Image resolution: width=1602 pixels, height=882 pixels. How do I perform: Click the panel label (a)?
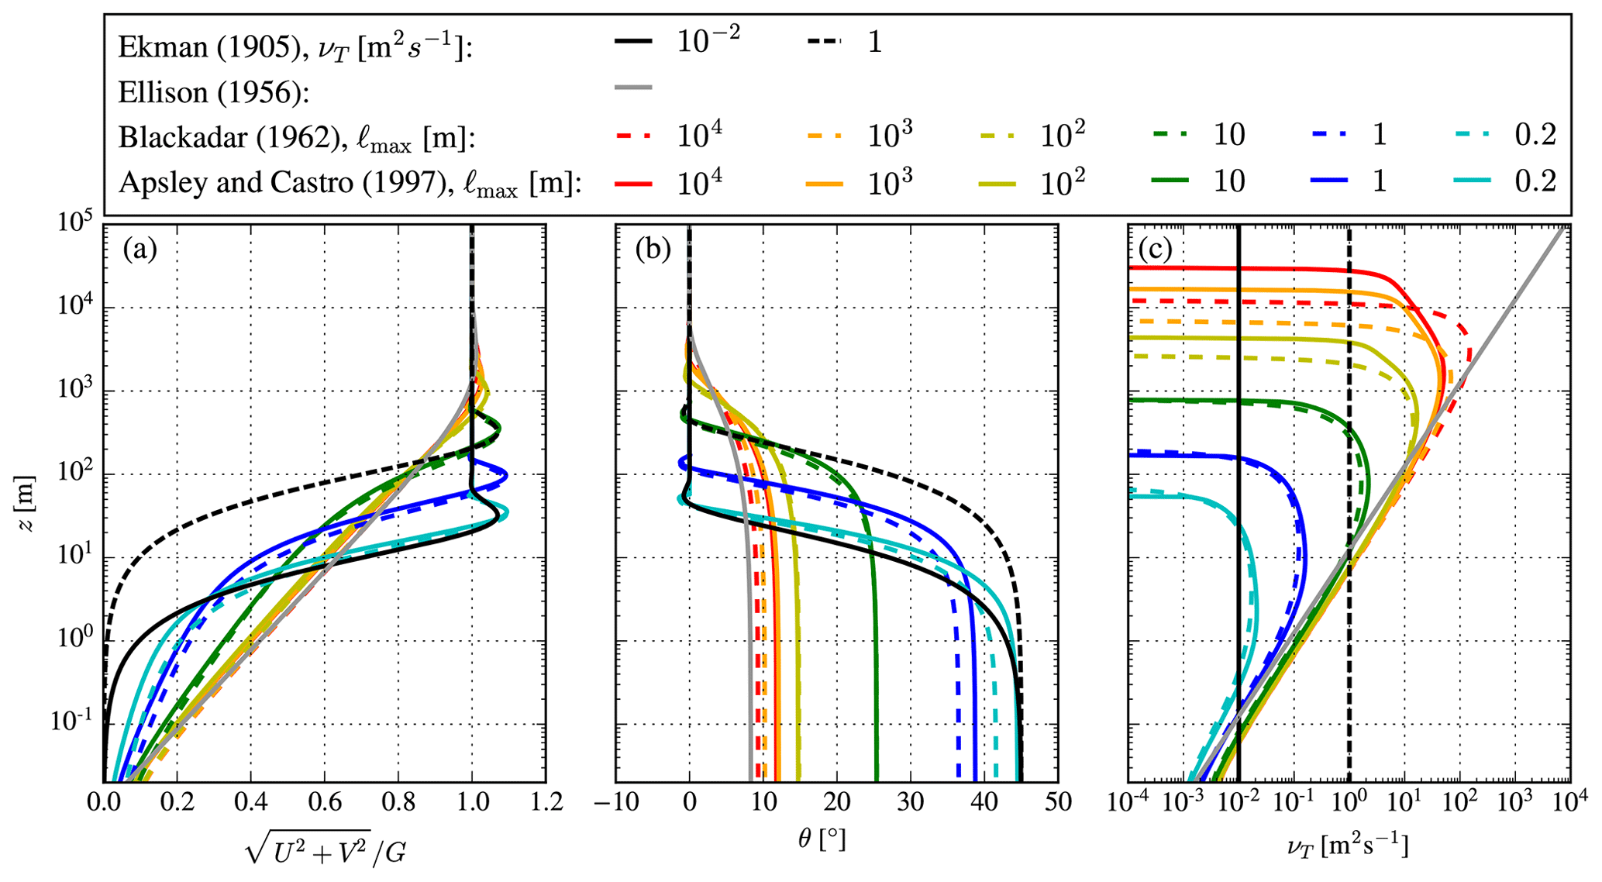pyautogui.click(x=140, y=250)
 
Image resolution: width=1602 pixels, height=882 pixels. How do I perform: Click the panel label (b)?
pyautogui.click(x=653, y=250)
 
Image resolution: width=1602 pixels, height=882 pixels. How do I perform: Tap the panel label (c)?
pyautogui.click(x=1155, y=250)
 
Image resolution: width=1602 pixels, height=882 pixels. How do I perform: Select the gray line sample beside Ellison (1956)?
pyautogui.click(x=633, y=88)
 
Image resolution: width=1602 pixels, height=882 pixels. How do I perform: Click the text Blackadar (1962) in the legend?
pyautogui.click(x=213, y=138)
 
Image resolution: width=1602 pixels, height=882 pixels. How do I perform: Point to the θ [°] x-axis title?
pyautogui.click(x=822, y=839)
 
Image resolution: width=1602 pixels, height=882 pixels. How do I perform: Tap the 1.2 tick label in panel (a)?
pyautogui.click(x=544, y=802)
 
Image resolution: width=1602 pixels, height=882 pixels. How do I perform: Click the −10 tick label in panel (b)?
pyautogui.click(x=616, y=802)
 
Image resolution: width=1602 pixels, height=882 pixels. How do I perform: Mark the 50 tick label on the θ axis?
pyautogui.click(x=1057, y=802)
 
